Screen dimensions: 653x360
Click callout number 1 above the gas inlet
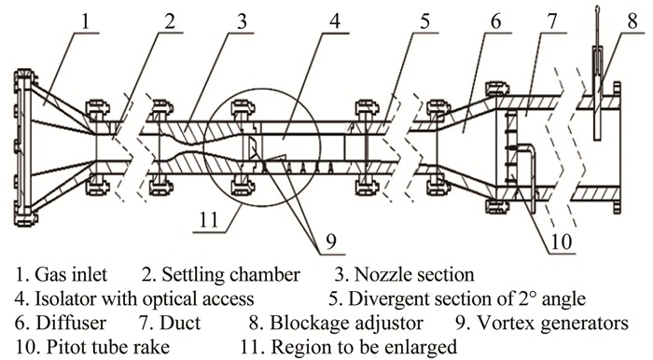pyautogui.click(x=86, y=21)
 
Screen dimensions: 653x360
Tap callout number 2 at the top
pyautogui.click(x=170, y=21)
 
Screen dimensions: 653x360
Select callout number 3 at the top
pyautogui.click(x=242, y=21)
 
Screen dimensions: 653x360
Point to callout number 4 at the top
pyautogui.click(x=335, y=21)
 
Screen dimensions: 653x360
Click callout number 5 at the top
pyautogui.click(x=424, y=21)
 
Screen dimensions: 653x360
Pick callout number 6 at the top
pyautogui.click(x=495, y=21)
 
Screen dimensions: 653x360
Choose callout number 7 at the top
pyautogui.click(x=552, y=21)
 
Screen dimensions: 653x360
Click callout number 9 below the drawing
pyautogui.click(x=331, y=242)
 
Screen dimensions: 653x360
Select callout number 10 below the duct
pyautogui.click(x=561, y=242)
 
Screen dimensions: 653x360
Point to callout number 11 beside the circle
pyautogui.click(x=209, y=219)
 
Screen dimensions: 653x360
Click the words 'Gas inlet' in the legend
pyautogui.click(x=71, y=275)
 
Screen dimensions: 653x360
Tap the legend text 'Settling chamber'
pyautogui.click(x=230, y=275)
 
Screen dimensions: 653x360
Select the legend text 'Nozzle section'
pyautogui.click(x=414, y=275)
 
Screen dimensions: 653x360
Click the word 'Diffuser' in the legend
pyautogui.click(x=71, y=323)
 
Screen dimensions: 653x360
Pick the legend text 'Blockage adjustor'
pyautogui.click(x=346, y=324)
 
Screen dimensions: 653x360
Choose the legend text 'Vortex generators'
pyautogui.click(x=552, y=324)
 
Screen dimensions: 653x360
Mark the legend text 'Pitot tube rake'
pyautogui.click(x=108, y=347)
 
